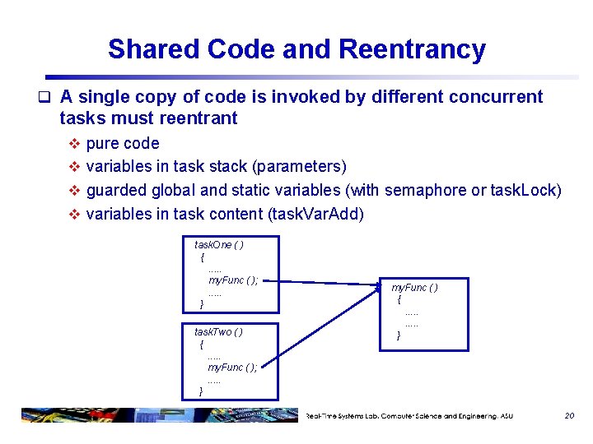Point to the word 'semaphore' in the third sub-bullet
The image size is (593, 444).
coord(425,191)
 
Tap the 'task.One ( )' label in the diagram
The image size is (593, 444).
coord(218,245)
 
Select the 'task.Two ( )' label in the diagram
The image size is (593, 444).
coord(218,332)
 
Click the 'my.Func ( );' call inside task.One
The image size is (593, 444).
coord(233,280)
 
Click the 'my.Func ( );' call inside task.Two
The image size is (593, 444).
coord(232,368)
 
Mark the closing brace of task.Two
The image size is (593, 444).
coord(201,391)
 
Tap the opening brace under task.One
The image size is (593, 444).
coord(202,257)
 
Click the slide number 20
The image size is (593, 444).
coord(569,416)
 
